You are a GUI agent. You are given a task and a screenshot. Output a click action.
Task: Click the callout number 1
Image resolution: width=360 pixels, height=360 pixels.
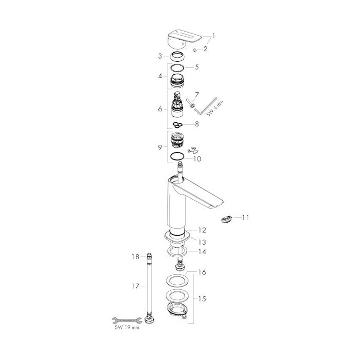214,36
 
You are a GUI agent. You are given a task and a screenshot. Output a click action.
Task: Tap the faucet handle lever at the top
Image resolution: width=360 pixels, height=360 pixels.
185,39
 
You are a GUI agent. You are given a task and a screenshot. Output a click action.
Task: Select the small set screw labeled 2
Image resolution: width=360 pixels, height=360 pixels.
195,51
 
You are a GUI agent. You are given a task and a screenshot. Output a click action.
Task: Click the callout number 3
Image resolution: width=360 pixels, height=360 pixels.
160,56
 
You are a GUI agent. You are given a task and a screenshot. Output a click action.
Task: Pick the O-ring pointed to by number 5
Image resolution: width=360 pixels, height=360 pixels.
177,68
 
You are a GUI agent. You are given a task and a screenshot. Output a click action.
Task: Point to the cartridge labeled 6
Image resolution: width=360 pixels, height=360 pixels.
177,104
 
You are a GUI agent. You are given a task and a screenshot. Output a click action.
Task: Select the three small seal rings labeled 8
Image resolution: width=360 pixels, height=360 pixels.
177,124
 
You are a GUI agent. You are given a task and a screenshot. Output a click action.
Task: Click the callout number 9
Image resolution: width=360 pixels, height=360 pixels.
160,147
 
